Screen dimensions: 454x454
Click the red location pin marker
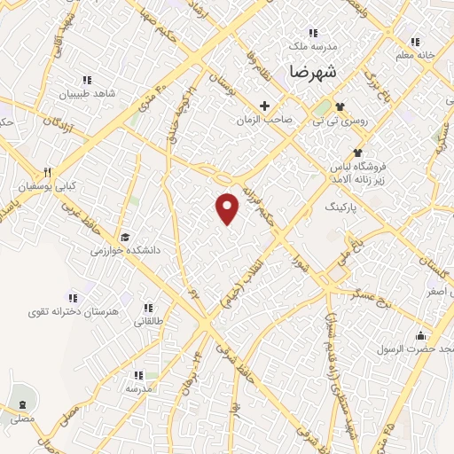(x=228, y=208)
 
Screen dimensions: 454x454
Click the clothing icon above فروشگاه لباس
(x=357, y=153)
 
